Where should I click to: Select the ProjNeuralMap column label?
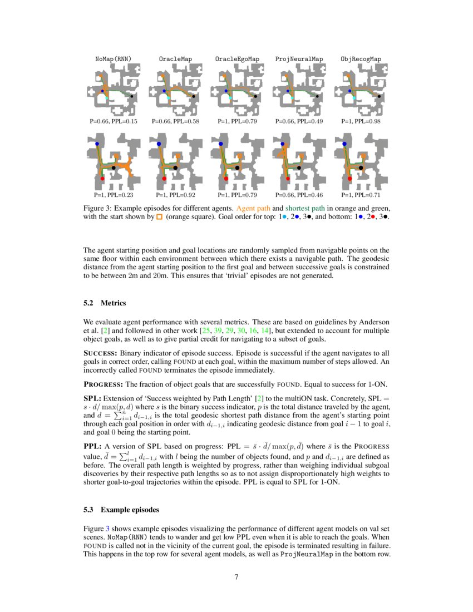point(299,58)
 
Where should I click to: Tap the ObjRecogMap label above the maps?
point(361,58)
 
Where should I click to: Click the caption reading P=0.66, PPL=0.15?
point(113,121)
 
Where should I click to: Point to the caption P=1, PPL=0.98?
point(361,121)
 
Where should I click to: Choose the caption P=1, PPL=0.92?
point(175,195)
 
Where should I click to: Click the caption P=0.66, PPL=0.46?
point(299,195)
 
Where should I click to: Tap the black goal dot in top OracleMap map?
point(194,96)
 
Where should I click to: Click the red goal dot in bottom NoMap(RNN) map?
point(102,179)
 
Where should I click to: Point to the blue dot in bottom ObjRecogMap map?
point(344,144)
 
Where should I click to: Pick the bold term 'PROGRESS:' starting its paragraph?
point(103,384)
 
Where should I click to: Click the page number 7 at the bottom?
point(237,577)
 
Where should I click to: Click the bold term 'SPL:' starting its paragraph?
point(92,399)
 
